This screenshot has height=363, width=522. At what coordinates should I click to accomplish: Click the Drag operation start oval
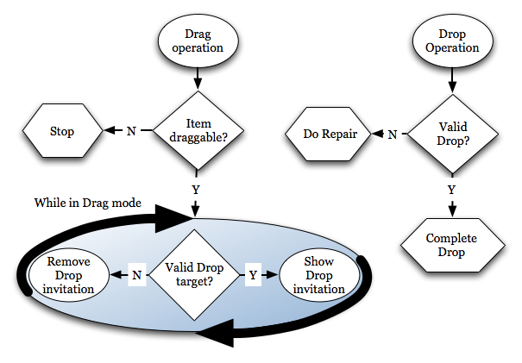click(x=198, y=41)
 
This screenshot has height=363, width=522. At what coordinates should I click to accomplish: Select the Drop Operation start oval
click(x=452, y=41)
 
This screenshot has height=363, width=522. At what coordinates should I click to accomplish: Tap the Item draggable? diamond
click(x=198, y=131)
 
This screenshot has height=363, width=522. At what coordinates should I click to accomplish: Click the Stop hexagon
click(x=61, y=132)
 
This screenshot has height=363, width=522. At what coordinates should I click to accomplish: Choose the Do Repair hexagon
click(x=330, y=134)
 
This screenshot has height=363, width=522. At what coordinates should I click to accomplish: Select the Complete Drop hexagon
click(x=452, y=245)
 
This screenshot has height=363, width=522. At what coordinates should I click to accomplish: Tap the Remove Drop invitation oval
click(x=71, y=275)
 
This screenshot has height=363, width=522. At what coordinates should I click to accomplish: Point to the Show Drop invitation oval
click(x=319, y=275)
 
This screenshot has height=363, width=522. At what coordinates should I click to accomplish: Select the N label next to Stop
click(x=131, y=132)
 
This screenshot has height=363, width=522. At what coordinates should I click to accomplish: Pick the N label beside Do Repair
click(x=392, y=134)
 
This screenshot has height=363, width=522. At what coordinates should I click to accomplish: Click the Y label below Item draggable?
click(x=198, y=187)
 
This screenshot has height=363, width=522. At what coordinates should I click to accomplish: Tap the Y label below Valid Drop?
click(x=452, y=189)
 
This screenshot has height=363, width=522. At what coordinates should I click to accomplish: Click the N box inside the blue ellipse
click(x=135, y=275)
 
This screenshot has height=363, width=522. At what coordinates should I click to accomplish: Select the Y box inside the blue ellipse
click(x=252, y=275)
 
